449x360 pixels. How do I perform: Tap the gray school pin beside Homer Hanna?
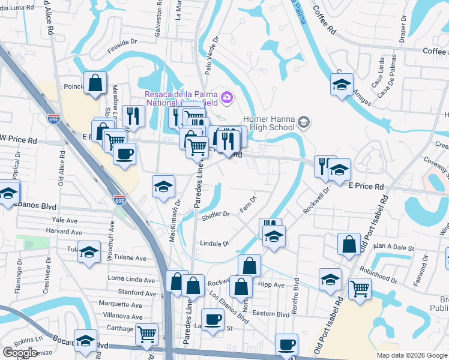tap(304, 123)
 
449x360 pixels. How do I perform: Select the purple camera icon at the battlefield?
tap(227, 97)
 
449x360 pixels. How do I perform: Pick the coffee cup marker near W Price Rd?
tap(124, 154)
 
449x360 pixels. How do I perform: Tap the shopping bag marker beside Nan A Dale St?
tap(349, 245)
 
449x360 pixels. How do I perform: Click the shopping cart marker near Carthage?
tap(146, 335)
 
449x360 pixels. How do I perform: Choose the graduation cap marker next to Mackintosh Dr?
tap(163, 187)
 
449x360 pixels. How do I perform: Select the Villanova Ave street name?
tap(122, 316)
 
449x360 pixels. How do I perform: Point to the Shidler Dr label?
tap(217, 214)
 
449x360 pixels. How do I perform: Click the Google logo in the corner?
tap(19, 353)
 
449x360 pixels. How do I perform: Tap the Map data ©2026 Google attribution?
tap(412, 355)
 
